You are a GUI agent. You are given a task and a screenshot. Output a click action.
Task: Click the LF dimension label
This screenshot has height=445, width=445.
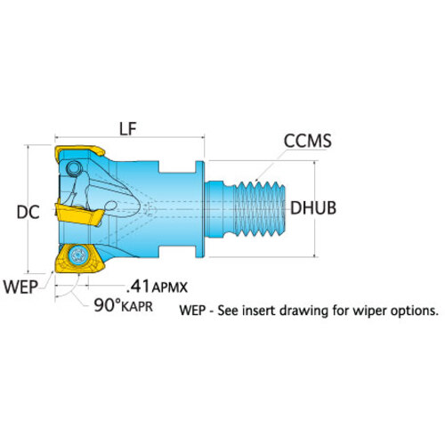128,129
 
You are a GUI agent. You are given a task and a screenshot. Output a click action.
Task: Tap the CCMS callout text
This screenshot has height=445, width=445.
308,141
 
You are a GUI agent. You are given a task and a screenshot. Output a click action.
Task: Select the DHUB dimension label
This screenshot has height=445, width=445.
313,208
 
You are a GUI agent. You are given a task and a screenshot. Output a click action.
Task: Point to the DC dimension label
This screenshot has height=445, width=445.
28,213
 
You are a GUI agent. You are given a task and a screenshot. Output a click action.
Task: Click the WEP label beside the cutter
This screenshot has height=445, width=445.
20,287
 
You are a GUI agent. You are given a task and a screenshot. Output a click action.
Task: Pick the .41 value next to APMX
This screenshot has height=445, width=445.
138,286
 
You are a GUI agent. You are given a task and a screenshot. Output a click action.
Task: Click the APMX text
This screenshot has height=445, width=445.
170,287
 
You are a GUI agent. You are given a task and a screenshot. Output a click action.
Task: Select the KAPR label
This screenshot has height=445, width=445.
137,306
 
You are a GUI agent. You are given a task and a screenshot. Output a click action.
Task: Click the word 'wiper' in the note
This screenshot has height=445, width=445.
370,311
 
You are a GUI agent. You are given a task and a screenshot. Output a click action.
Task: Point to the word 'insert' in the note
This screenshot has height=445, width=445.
259,311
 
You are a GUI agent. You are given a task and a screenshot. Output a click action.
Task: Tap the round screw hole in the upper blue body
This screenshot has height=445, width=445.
74,168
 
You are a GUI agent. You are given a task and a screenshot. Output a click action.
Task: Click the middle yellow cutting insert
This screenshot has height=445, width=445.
79,214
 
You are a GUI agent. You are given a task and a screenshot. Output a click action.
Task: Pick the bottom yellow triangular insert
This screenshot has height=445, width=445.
79,258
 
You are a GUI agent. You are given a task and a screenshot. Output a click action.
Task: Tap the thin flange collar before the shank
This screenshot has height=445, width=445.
200,209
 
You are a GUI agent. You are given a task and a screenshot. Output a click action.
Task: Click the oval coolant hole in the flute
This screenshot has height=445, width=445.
111,206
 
